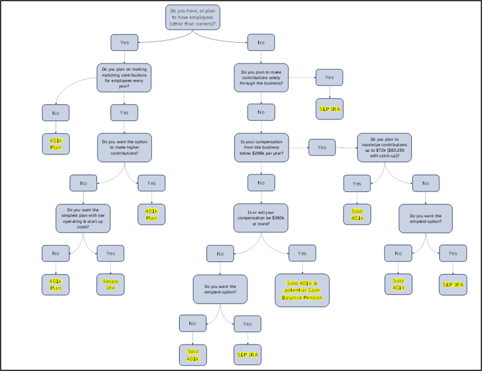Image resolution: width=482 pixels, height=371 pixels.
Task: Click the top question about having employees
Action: (x=192, y=17)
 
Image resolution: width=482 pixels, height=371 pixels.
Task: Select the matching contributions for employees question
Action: (x=124, y=77)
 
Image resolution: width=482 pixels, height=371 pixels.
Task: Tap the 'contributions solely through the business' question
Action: (x=261, y=77)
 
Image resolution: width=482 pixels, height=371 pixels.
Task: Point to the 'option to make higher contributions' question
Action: (x=124, y=147)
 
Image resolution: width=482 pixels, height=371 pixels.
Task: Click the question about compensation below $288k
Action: (x=261, y=147)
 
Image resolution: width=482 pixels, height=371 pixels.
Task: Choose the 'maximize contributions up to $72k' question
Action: (x=384, y=147)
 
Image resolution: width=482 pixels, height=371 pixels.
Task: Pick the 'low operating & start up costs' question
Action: (x=83, y=218)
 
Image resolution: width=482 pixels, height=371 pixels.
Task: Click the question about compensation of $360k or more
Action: (x=261, y=218)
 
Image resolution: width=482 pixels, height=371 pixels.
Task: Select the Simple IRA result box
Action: (x=110, y=285)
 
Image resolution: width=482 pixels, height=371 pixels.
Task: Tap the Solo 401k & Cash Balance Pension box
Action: (x=302, y=290)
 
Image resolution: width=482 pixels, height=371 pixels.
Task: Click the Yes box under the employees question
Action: (x=124, y=42)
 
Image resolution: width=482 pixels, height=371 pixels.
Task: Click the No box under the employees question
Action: (x=261, y=42)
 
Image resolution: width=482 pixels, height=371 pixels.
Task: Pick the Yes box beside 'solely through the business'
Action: (x=329, y=77)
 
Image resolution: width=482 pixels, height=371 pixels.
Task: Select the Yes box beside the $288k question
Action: (x=322, y=147)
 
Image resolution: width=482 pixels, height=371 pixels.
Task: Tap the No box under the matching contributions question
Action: (x=55, y=113)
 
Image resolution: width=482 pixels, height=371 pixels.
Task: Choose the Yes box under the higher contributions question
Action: (x=151, y=183)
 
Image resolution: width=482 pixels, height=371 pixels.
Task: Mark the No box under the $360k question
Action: (x=220, y=253)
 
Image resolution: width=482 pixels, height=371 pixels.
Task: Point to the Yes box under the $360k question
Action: (x=302, y=253)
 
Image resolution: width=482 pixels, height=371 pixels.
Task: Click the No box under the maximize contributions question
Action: (x=426, y=183)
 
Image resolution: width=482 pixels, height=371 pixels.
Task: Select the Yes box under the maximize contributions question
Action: (x=357, y=183)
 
